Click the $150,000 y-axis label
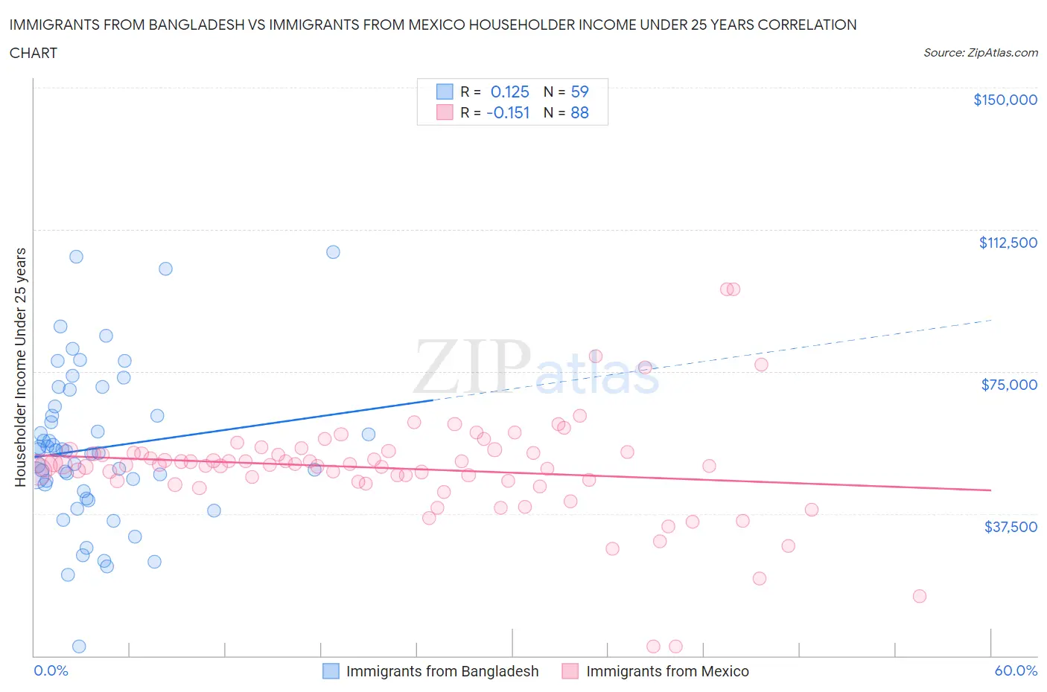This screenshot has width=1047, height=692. point(1005,100)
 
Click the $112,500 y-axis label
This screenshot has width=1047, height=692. point(1008,243)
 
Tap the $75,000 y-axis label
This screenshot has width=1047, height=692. point(1008,385)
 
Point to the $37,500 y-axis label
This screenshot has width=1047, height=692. point(1010,527)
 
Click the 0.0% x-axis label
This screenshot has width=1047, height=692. point(51,670)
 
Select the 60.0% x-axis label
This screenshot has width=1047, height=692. point(1016,670)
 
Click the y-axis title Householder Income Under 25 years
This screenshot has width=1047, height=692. point(20,367)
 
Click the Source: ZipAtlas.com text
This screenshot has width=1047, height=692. point(980,52)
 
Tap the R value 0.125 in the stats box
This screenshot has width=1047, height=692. point(509,92)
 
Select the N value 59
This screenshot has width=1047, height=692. point(579,92)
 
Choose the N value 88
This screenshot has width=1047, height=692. point(579,112)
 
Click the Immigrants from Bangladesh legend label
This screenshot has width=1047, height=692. point(442,671)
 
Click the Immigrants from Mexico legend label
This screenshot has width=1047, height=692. point(667,671)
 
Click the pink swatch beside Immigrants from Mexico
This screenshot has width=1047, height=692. point(570,671)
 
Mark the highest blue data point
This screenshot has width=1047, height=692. point(333,252)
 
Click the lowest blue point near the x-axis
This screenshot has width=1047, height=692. point(79,647)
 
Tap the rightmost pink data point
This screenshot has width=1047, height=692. point(919,596)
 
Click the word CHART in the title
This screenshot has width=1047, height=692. point(34,53)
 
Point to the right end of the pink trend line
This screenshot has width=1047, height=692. point(990,490)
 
